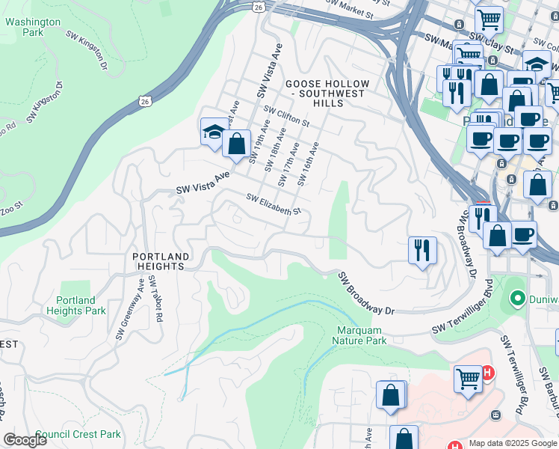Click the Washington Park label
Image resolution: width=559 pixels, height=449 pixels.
tap(32, 28)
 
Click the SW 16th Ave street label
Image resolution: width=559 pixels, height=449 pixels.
tap(308, 164)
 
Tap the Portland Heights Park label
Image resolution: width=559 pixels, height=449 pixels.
tap(76, 305)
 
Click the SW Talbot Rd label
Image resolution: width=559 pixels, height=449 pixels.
tap(155, 299)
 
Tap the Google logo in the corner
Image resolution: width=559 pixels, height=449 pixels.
tap(25, 440)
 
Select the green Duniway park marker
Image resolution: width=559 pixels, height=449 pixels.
tap(516, 299)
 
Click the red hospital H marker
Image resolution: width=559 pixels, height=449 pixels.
tap(487, 372)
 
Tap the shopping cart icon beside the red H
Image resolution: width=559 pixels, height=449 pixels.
tap(468, 378)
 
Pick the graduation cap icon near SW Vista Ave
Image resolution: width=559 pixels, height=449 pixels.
tap(213, 132)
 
